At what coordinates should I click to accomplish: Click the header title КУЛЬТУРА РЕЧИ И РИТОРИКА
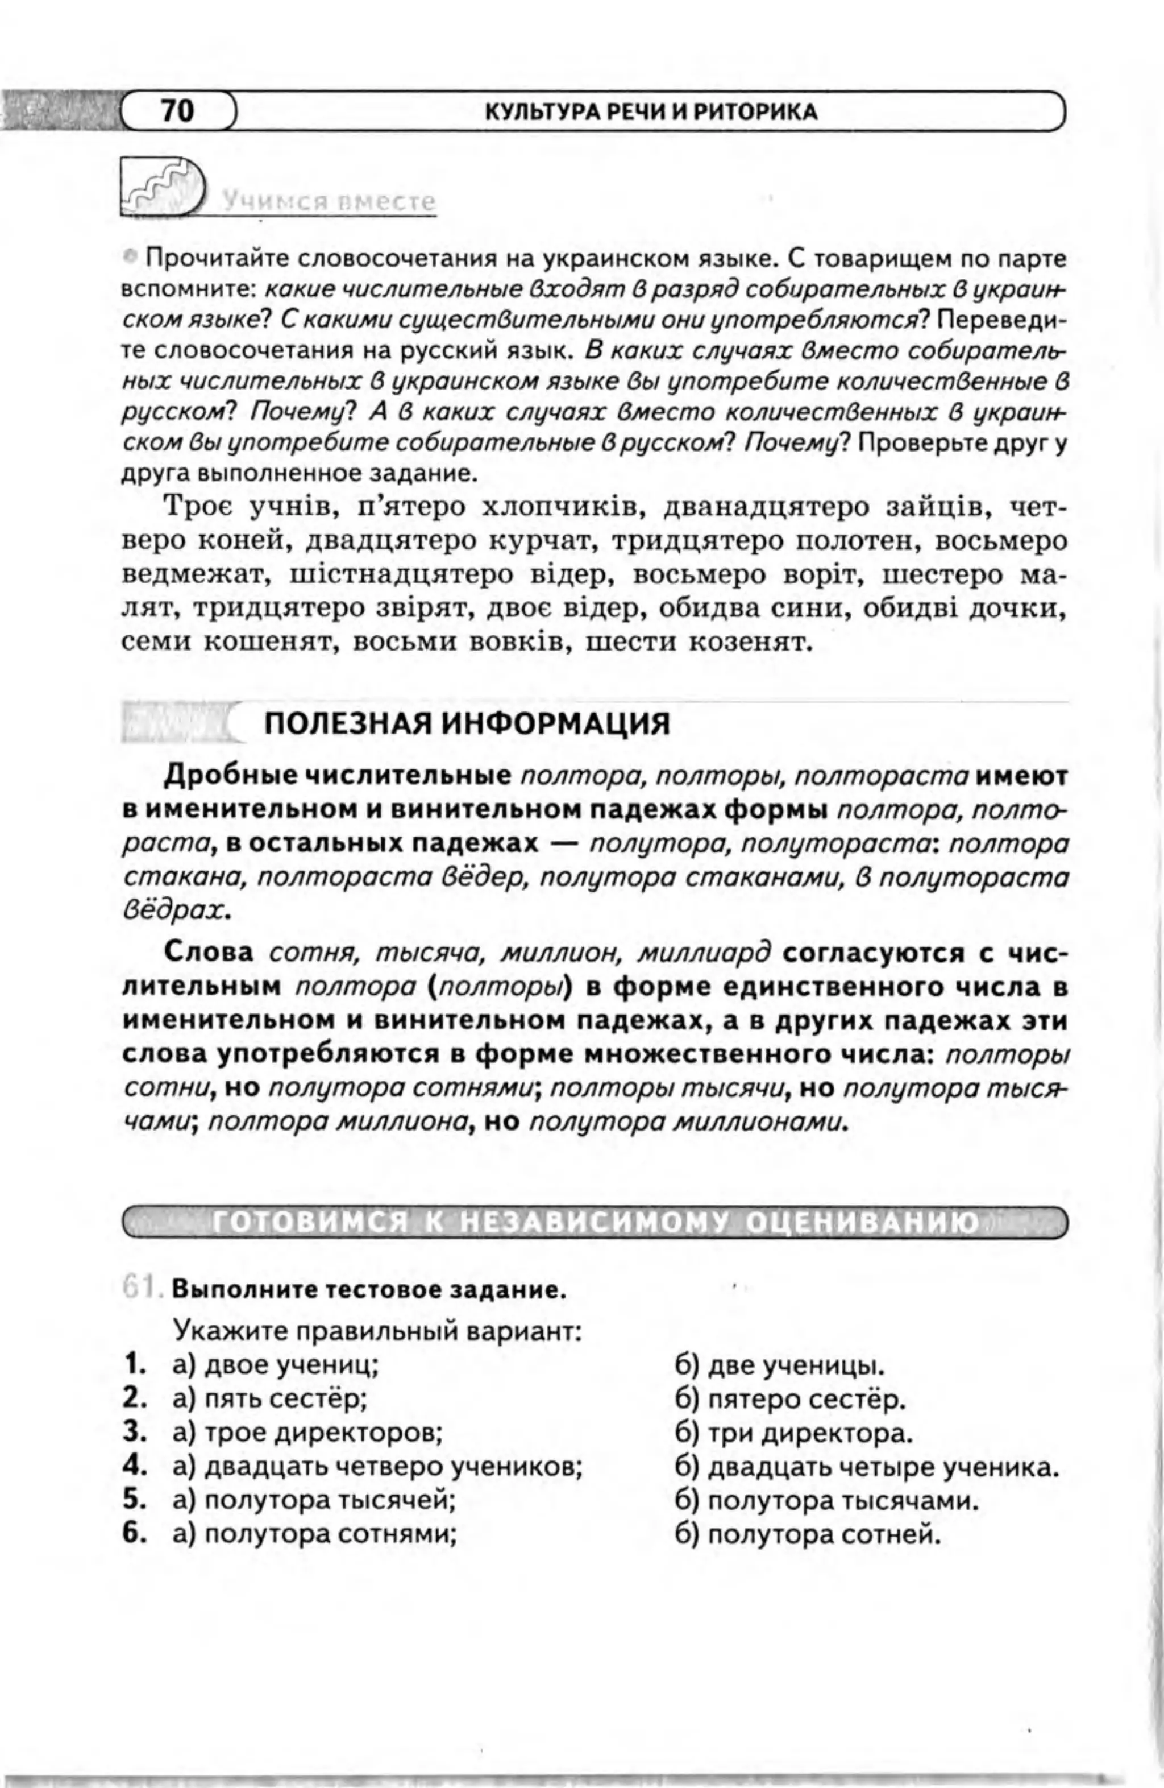[x=651, y=112]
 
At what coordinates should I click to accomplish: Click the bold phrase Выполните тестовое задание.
[x=368, y=1292]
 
